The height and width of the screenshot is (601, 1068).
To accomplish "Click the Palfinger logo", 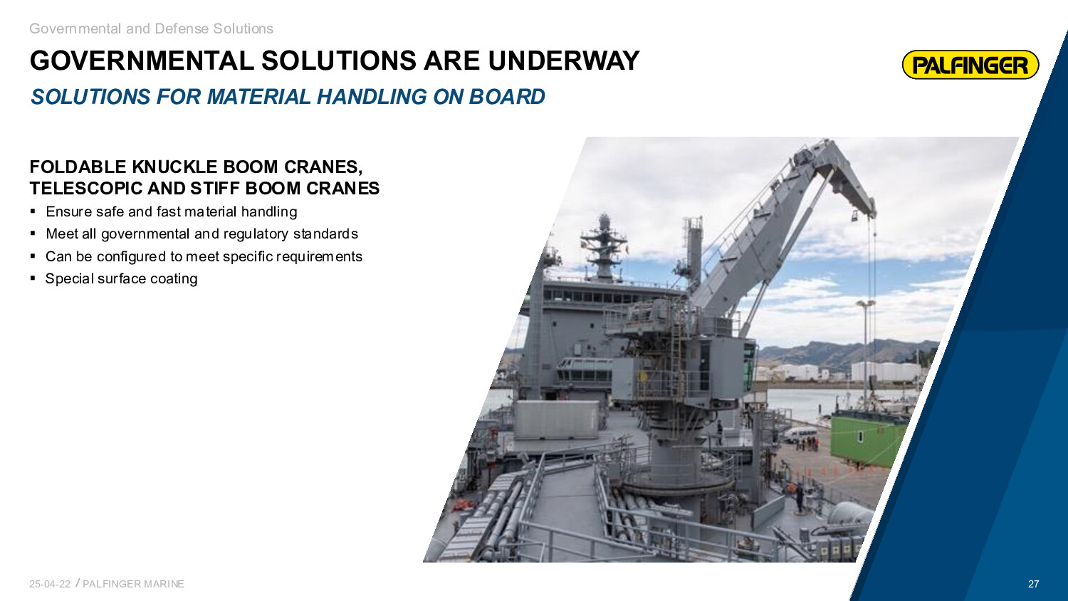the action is tap(970, 65).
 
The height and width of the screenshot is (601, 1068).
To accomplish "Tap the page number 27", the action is tap(1033, 584).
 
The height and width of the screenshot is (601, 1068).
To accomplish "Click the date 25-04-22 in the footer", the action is tap(50, 584).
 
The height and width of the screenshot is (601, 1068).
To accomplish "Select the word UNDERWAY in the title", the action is tap(563, 61).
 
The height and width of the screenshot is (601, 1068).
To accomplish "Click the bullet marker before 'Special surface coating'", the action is tap(33, 278).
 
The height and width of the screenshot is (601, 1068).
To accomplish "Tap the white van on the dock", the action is tap(800, 434).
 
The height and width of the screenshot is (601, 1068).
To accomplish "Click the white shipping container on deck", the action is tap(556, 419).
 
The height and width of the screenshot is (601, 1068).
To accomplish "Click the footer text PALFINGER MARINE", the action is tap(134, 584).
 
